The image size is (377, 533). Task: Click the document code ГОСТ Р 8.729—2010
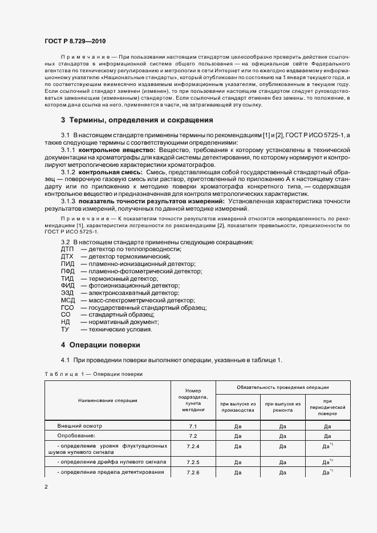click(75, 41)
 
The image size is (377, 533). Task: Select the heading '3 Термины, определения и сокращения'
click(137, 120)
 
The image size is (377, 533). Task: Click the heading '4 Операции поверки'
click(100, 345)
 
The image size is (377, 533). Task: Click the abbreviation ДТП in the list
click(67, 249)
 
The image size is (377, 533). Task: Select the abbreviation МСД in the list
click(67, 300)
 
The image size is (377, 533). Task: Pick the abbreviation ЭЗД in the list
click(67, 293)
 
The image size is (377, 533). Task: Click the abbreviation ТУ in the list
click(65, 329)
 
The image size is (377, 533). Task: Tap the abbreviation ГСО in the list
click(67, 307)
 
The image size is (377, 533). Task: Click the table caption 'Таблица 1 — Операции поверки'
click(93, 374)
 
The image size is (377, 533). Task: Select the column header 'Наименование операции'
click(108, 400)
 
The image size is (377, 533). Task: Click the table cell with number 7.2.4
click(193, 446)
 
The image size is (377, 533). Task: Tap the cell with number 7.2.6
click(193, 473)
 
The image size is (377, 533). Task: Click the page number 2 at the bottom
click(46, 487)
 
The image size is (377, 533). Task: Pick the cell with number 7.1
click(193, 426)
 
